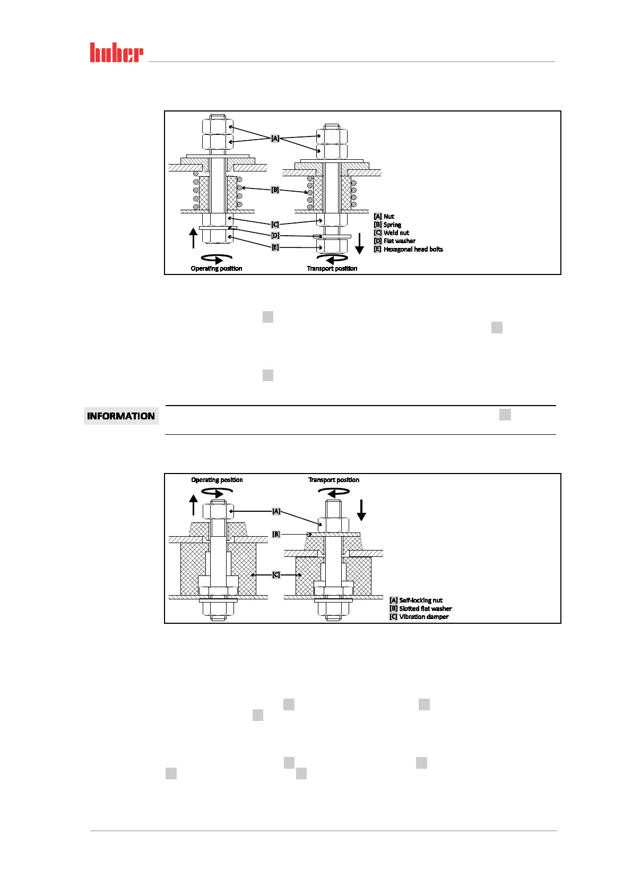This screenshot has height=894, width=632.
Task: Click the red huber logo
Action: pyautogui.click(x=116, y=53)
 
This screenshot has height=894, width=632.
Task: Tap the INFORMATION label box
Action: pyautogui.click(x=121, y=416)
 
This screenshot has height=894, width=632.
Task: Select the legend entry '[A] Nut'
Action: pyautogui.click(x=384, y=217)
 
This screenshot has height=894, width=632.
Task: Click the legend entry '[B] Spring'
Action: pyautogui.click(x=387, y=225)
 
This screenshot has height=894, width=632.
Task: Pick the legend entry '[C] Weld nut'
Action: pyautogui.click(x=391, y=233)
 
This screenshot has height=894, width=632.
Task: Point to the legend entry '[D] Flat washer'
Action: pyautogui.click(x=394, y=241)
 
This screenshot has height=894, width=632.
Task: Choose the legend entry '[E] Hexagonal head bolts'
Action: pyautogui.click(x=408, y=250)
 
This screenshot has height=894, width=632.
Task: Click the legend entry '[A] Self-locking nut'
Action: pyautogui.click(x=416, y=600)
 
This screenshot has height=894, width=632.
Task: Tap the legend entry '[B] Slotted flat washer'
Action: pyautogui.click(x=421, y=609)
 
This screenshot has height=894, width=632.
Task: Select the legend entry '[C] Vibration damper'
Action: pyautogui.click(x=419, y=617)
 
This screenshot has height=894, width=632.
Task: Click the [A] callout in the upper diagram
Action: pyautogui.click(x=275, y=139)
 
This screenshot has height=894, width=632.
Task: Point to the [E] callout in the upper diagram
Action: pyautogui.click(x=275, y=247)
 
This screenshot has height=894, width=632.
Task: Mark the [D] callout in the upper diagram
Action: pyautogui.click(x=275, y=236)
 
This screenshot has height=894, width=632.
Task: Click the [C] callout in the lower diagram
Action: pyautogui.click(x=276, y=575)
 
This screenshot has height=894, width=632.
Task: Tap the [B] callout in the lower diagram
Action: pyautogui.click(x=276, y=534)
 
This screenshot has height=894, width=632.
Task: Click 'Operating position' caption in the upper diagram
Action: pyautogui.click(x=217, y=269)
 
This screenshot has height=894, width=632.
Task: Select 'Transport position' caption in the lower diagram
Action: pyautogui.click(x=334, y=480)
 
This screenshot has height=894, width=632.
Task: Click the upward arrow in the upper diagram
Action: pyautogui.click(x=194, y=238)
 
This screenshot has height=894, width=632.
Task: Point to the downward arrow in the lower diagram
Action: pyautogui.click(x=361, y=510)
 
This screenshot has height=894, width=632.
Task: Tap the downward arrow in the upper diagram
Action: pyautogui.click(x=359, y=244)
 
